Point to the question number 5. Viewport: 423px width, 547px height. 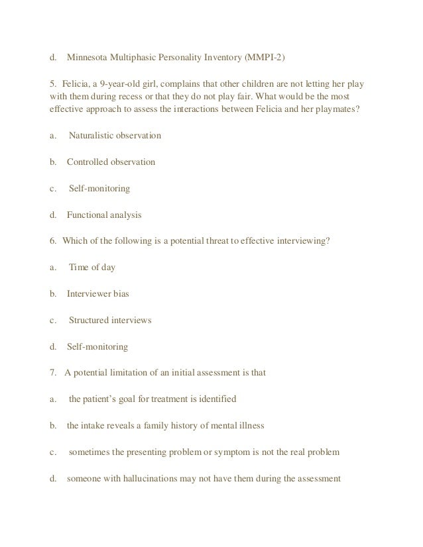(52, 85)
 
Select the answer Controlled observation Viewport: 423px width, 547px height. (111, 162)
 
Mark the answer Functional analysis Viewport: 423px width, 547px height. (104, 215)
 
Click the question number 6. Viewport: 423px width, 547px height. (52, 240)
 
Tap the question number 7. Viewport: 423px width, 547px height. (52, 372)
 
